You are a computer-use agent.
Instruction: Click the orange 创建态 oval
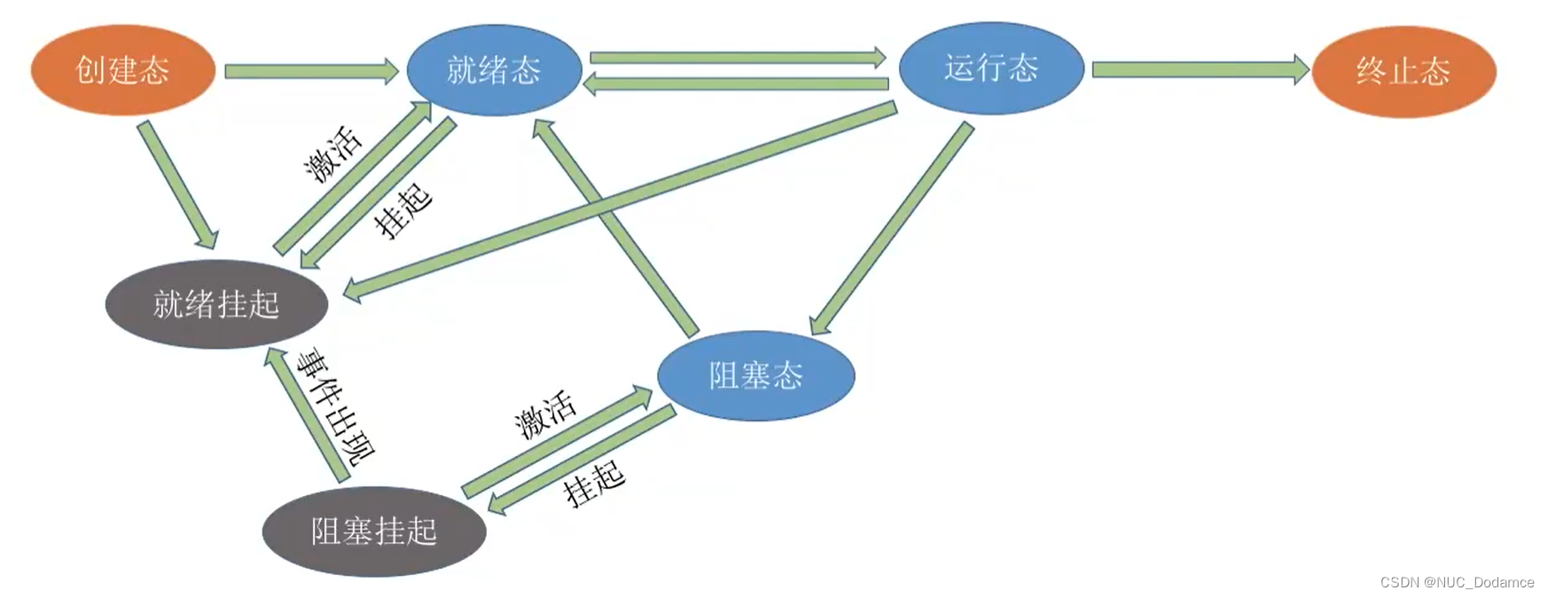(122, 69)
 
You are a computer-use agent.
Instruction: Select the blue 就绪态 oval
(494, 69)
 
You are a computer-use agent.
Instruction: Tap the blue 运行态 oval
(990, 67)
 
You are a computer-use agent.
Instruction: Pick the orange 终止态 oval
(1403, 71)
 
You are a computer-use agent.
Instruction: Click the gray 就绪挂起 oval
(216, 303)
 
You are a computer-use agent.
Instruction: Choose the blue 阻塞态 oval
(755, 375)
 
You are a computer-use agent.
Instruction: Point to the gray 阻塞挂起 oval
(373, 531)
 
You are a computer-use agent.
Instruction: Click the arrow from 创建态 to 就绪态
(310, 71)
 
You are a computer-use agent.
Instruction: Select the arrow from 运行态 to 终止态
(1200, 69)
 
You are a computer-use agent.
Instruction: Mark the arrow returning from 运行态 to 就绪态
(736, 84)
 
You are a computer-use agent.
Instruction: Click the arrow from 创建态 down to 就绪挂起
(177, 185)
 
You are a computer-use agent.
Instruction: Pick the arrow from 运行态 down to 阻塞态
(892, 229)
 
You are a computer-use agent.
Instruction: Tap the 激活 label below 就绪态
(333, 153)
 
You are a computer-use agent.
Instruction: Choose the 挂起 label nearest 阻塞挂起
(594, 483)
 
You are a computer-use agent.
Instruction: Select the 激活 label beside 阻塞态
(545, 413)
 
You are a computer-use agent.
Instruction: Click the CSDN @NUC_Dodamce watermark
(1456, 582)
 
